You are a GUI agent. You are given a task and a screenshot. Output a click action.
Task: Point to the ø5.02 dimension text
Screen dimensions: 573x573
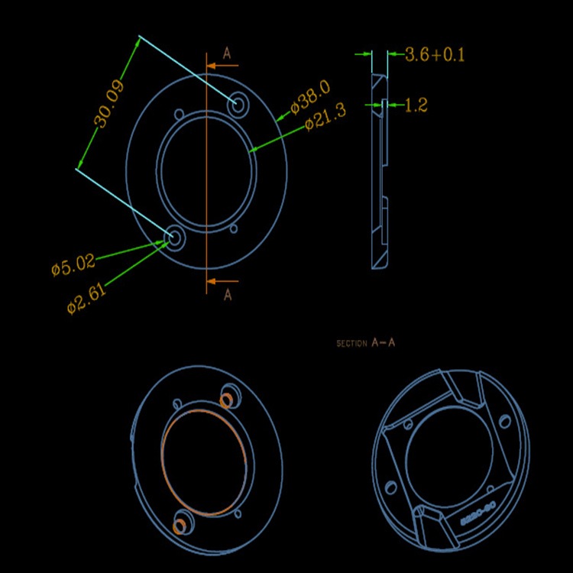tap(73, 266)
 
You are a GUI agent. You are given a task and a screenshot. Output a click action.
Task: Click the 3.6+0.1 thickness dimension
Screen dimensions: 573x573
tap(435, 55)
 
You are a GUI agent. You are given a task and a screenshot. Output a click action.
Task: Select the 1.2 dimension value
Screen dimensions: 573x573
tap(416, 105)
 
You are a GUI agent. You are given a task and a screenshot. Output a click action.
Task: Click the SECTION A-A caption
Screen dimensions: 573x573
tap(366, 343)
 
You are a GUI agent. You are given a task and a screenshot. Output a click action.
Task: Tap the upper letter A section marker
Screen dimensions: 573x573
tap(227, 53)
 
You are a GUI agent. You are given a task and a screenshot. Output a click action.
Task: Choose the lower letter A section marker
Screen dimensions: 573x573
tap(227, 295)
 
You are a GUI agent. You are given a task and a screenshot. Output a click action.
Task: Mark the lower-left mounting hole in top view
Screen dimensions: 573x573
tap(173, 238)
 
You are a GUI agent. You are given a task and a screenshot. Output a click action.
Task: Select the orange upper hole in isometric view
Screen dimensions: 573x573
tap(226, 399)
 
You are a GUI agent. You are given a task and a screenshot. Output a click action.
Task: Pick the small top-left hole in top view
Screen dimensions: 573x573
tap(179, 114)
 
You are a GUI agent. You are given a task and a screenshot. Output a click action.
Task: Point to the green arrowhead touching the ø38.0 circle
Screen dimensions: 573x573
tap(281, 118)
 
